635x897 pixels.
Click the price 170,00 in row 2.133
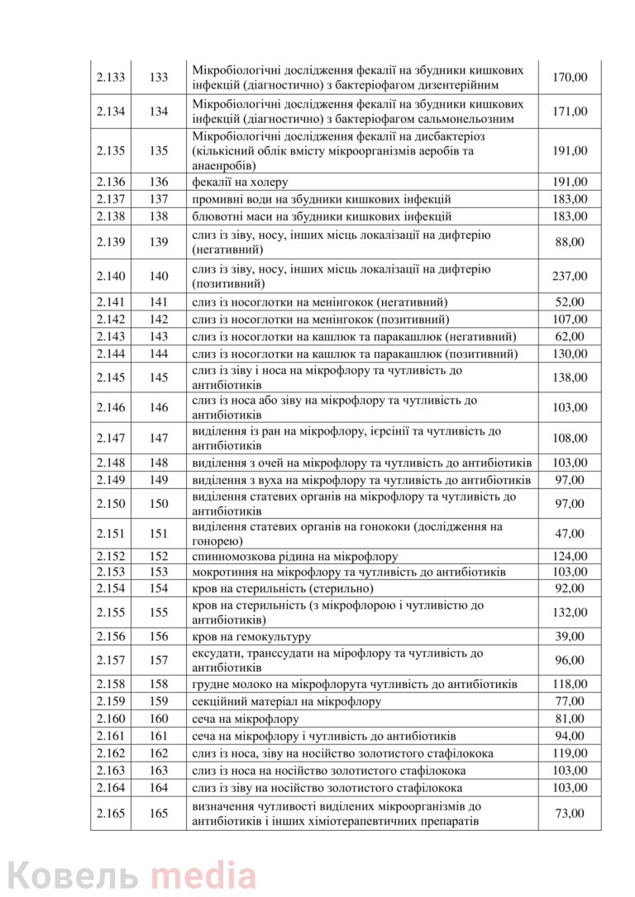coord(570,77)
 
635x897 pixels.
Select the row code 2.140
coord(111,276)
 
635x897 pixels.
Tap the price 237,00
coord(570,276)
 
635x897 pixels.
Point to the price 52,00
coord(570,302)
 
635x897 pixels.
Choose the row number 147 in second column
coord(159,438)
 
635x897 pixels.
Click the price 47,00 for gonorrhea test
coord(570,534)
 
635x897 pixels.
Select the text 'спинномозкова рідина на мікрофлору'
coord(294,557)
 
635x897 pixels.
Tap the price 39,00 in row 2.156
coord(570,636)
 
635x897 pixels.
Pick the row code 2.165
coord(111,814)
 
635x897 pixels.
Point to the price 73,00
coord(570,814)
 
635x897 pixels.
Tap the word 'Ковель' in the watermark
coord(74,874)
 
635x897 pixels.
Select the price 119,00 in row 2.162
coord(570,753)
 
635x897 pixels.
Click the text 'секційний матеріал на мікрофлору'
coord(286,701)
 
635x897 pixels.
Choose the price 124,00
coord(570,557)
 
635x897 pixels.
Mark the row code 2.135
coord(111,150)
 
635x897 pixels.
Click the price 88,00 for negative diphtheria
coord(570,242)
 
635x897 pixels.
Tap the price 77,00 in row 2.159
coord(570,701)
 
